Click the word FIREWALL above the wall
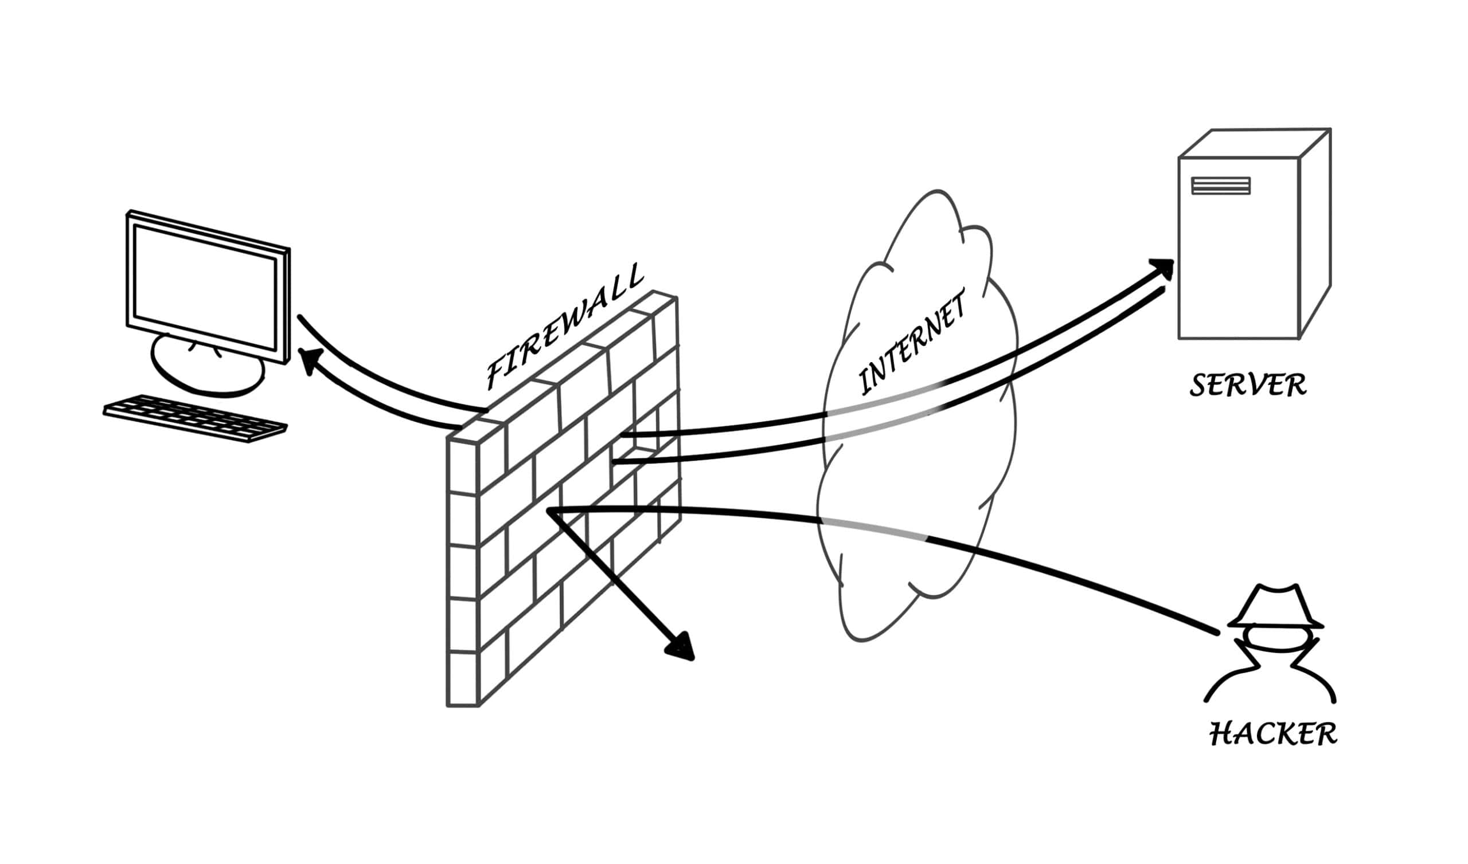(564, 327)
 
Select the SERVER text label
(1248, 386)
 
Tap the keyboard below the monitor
(195, 418)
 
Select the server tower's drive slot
(1221, 185)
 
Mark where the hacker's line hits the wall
(551, 511)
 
